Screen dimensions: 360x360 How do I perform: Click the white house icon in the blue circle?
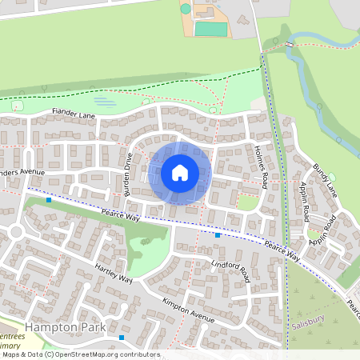point(180,173)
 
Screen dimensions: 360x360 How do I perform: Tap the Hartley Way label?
point(114,272)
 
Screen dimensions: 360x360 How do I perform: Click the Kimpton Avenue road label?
point(189,310)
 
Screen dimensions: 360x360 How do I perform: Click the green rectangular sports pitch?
point(210,29)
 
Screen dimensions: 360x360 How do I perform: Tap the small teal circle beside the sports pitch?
point(186,9)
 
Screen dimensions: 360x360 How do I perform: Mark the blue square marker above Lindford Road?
point(218,235)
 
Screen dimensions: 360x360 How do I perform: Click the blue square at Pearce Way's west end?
point(49,200)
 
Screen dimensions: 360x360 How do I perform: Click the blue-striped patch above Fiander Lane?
point(104,102)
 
